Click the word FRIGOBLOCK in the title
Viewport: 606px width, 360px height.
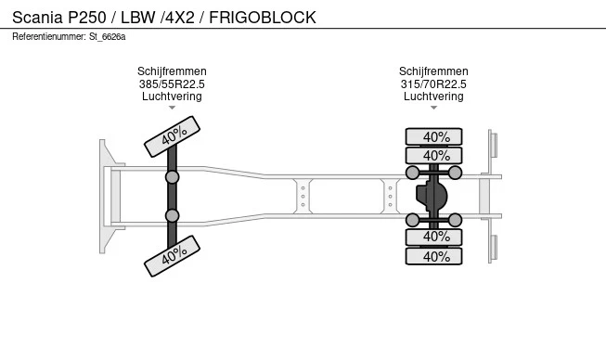(263, 18)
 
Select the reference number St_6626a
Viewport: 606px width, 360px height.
(107, 37)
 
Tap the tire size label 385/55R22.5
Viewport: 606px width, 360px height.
(172, 84)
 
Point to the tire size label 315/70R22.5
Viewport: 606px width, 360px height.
(433, 84)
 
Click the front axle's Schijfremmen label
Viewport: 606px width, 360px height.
(172, 71)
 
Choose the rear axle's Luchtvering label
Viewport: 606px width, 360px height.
(433, 96)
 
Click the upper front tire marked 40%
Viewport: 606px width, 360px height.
(172, 136)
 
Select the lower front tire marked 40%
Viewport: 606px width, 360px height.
(172, 256)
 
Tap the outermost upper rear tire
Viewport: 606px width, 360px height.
(433, 136)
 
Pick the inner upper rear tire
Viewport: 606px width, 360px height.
(433, 156)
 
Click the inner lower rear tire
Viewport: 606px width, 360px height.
(433, 237)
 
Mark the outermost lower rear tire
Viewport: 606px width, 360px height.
(433, 256)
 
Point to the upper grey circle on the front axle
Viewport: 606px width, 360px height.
(172, 177)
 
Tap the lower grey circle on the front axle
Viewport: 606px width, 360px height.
(172, 215)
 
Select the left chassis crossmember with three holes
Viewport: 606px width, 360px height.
(303, 196)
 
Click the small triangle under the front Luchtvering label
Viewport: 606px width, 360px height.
(172, 108)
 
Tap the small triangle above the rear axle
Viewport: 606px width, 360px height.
(433, 108)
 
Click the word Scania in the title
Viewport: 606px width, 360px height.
(37, 18)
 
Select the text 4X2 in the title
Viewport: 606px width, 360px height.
(180, 18)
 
